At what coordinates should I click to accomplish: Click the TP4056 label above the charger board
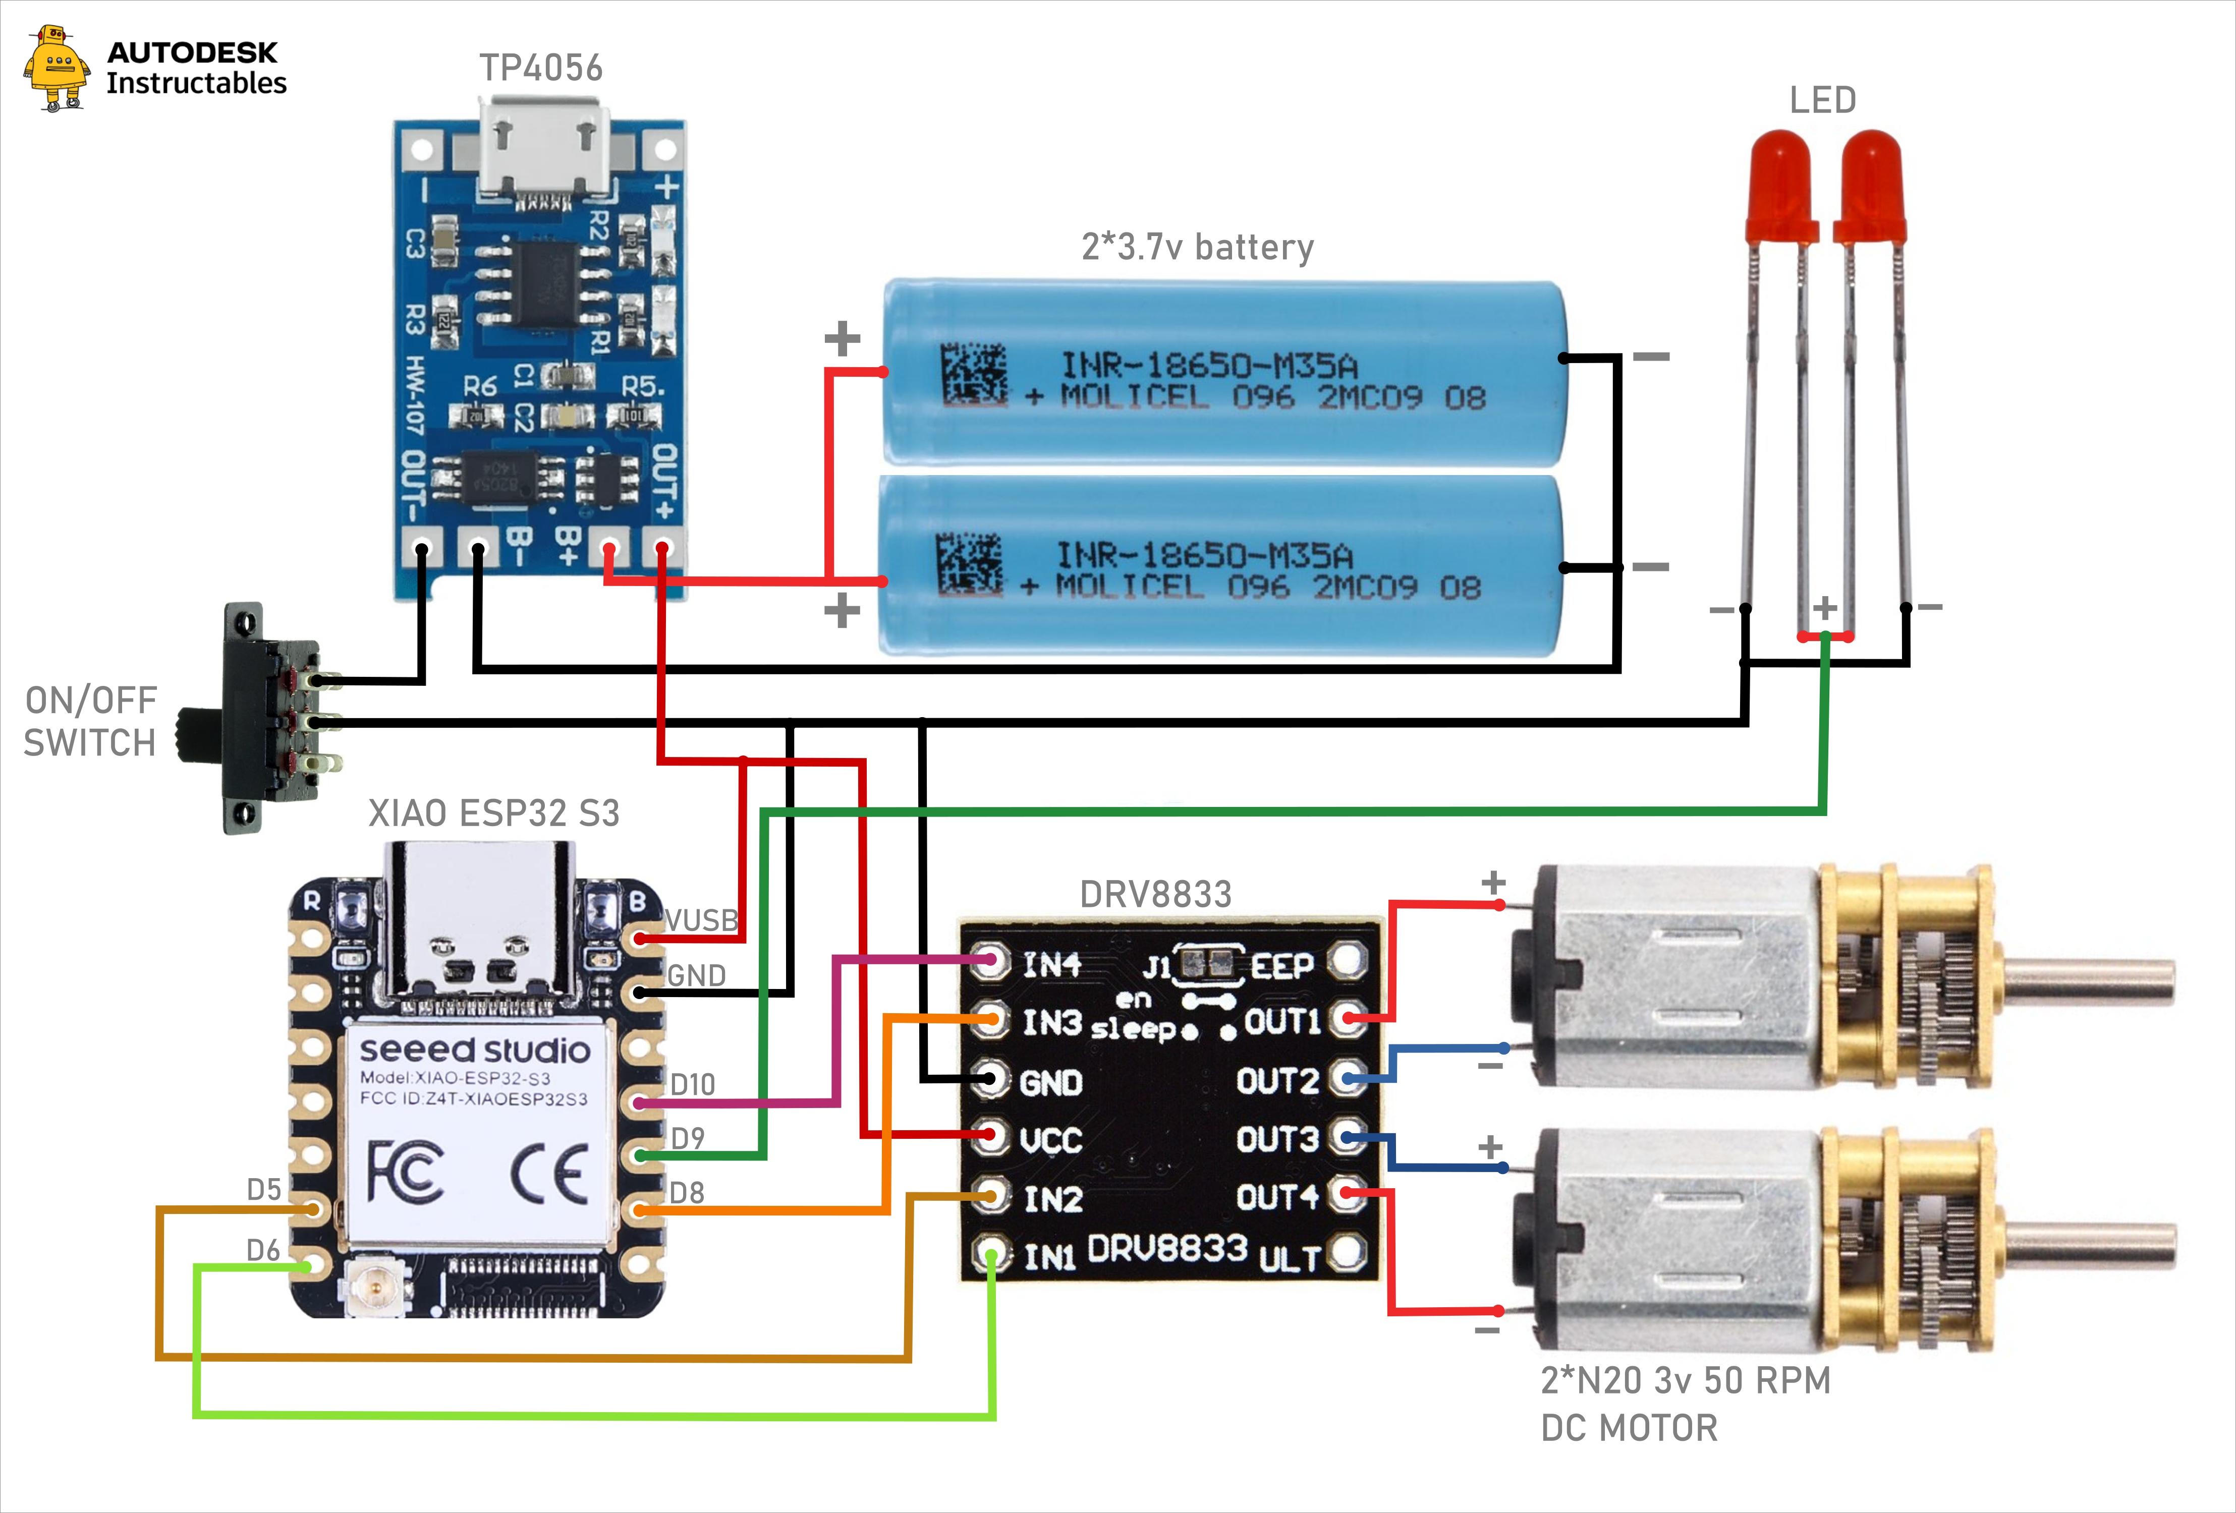(541, 68)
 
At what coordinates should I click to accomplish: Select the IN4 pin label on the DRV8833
(1051, 964)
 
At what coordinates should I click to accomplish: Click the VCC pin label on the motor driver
(1051, 1141)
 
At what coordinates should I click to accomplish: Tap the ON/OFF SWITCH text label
(90, 721)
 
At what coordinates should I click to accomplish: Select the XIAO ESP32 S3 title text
(493, 813)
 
